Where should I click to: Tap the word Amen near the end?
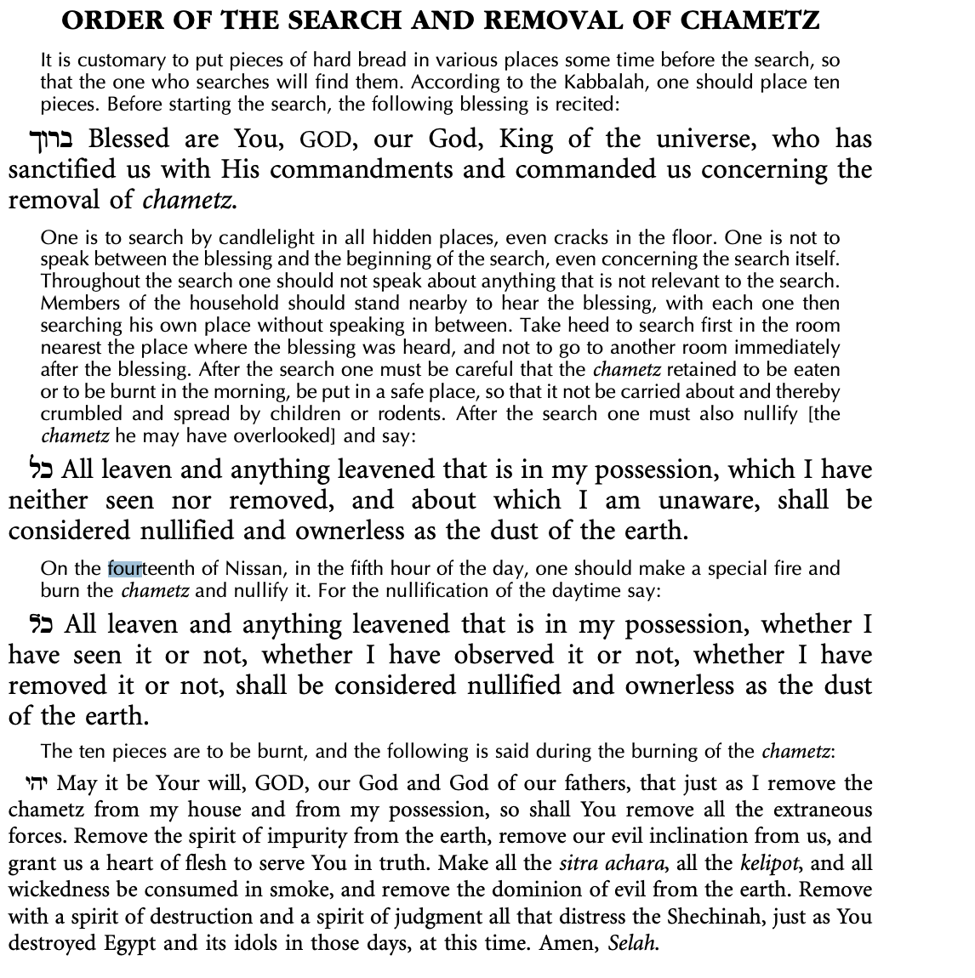569,944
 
